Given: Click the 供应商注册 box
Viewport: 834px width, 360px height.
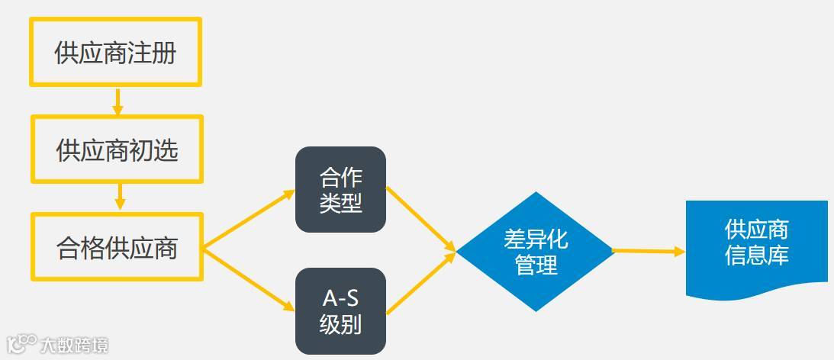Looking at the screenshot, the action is click(x=115, y=53).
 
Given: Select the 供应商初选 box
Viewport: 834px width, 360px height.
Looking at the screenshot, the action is click(x=117, y=149).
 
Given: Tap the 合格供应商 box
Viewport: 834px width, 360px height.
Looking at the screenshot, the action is click(x=117, y=247).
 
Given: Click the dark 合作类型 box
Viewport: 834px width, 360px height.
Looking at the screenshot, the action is click(x=340, y=190).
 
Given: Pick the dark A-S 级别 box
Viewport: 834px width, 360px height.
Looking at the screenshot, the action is click(x=340, y=311).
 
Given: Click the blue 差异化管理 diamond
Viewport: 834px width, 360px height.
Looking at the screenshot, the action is click(x=536, y=251).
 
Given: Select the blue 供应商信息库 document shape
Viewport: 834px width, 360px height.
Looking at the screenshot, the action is click(x=756, y=244).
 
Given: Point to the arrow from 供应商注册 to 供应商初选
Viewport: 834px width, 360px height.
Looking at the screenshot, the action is click(x=118, y=101).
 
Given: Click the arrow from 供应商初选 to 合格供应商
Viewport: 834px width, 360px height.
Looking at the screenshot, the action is click(x=119, y=197).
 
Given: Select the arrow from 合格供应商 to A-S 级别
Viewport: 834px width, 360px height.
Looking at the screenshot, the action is click(x=249, y=279).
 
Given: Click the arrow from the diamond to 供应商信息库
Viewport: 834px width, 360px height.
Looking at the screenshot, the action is click(x=649, y=251).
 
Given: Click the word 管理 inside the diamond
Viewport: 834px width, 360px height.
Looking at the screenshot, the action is click(x=536, y=265).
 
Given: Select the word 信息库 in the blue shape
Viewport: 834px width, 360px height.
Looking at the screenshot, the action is click(x=756, y=255).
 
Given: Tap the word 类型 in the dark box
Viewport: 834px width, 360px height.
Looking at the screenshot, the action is click(x=340, y=203).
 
